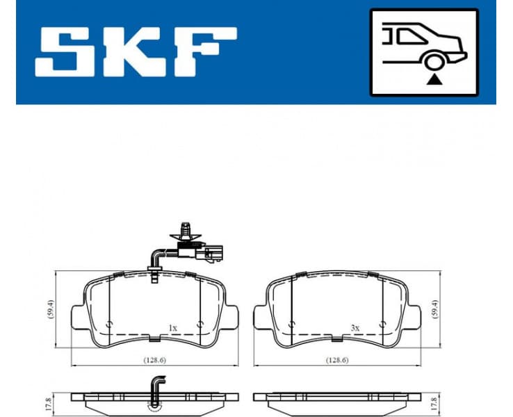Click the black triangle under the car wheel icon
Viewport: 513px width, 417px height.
(434, 80)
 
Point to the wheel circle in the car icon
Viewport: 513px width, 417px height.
(434, 63)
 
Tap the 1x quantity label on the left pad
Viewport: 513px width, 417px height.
(173, 327)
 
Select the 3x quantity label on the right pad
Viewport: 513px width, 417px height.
(355, 327)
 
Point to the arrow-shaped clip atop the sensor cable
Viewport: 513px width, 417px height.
(185, 228)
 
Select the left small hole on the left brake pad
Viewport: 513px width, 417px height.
(109, 325)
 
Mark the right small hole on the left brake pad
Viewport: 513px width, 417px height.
(200, 325)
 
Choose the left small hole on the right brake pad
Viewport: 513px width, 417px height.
(291, 325)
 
